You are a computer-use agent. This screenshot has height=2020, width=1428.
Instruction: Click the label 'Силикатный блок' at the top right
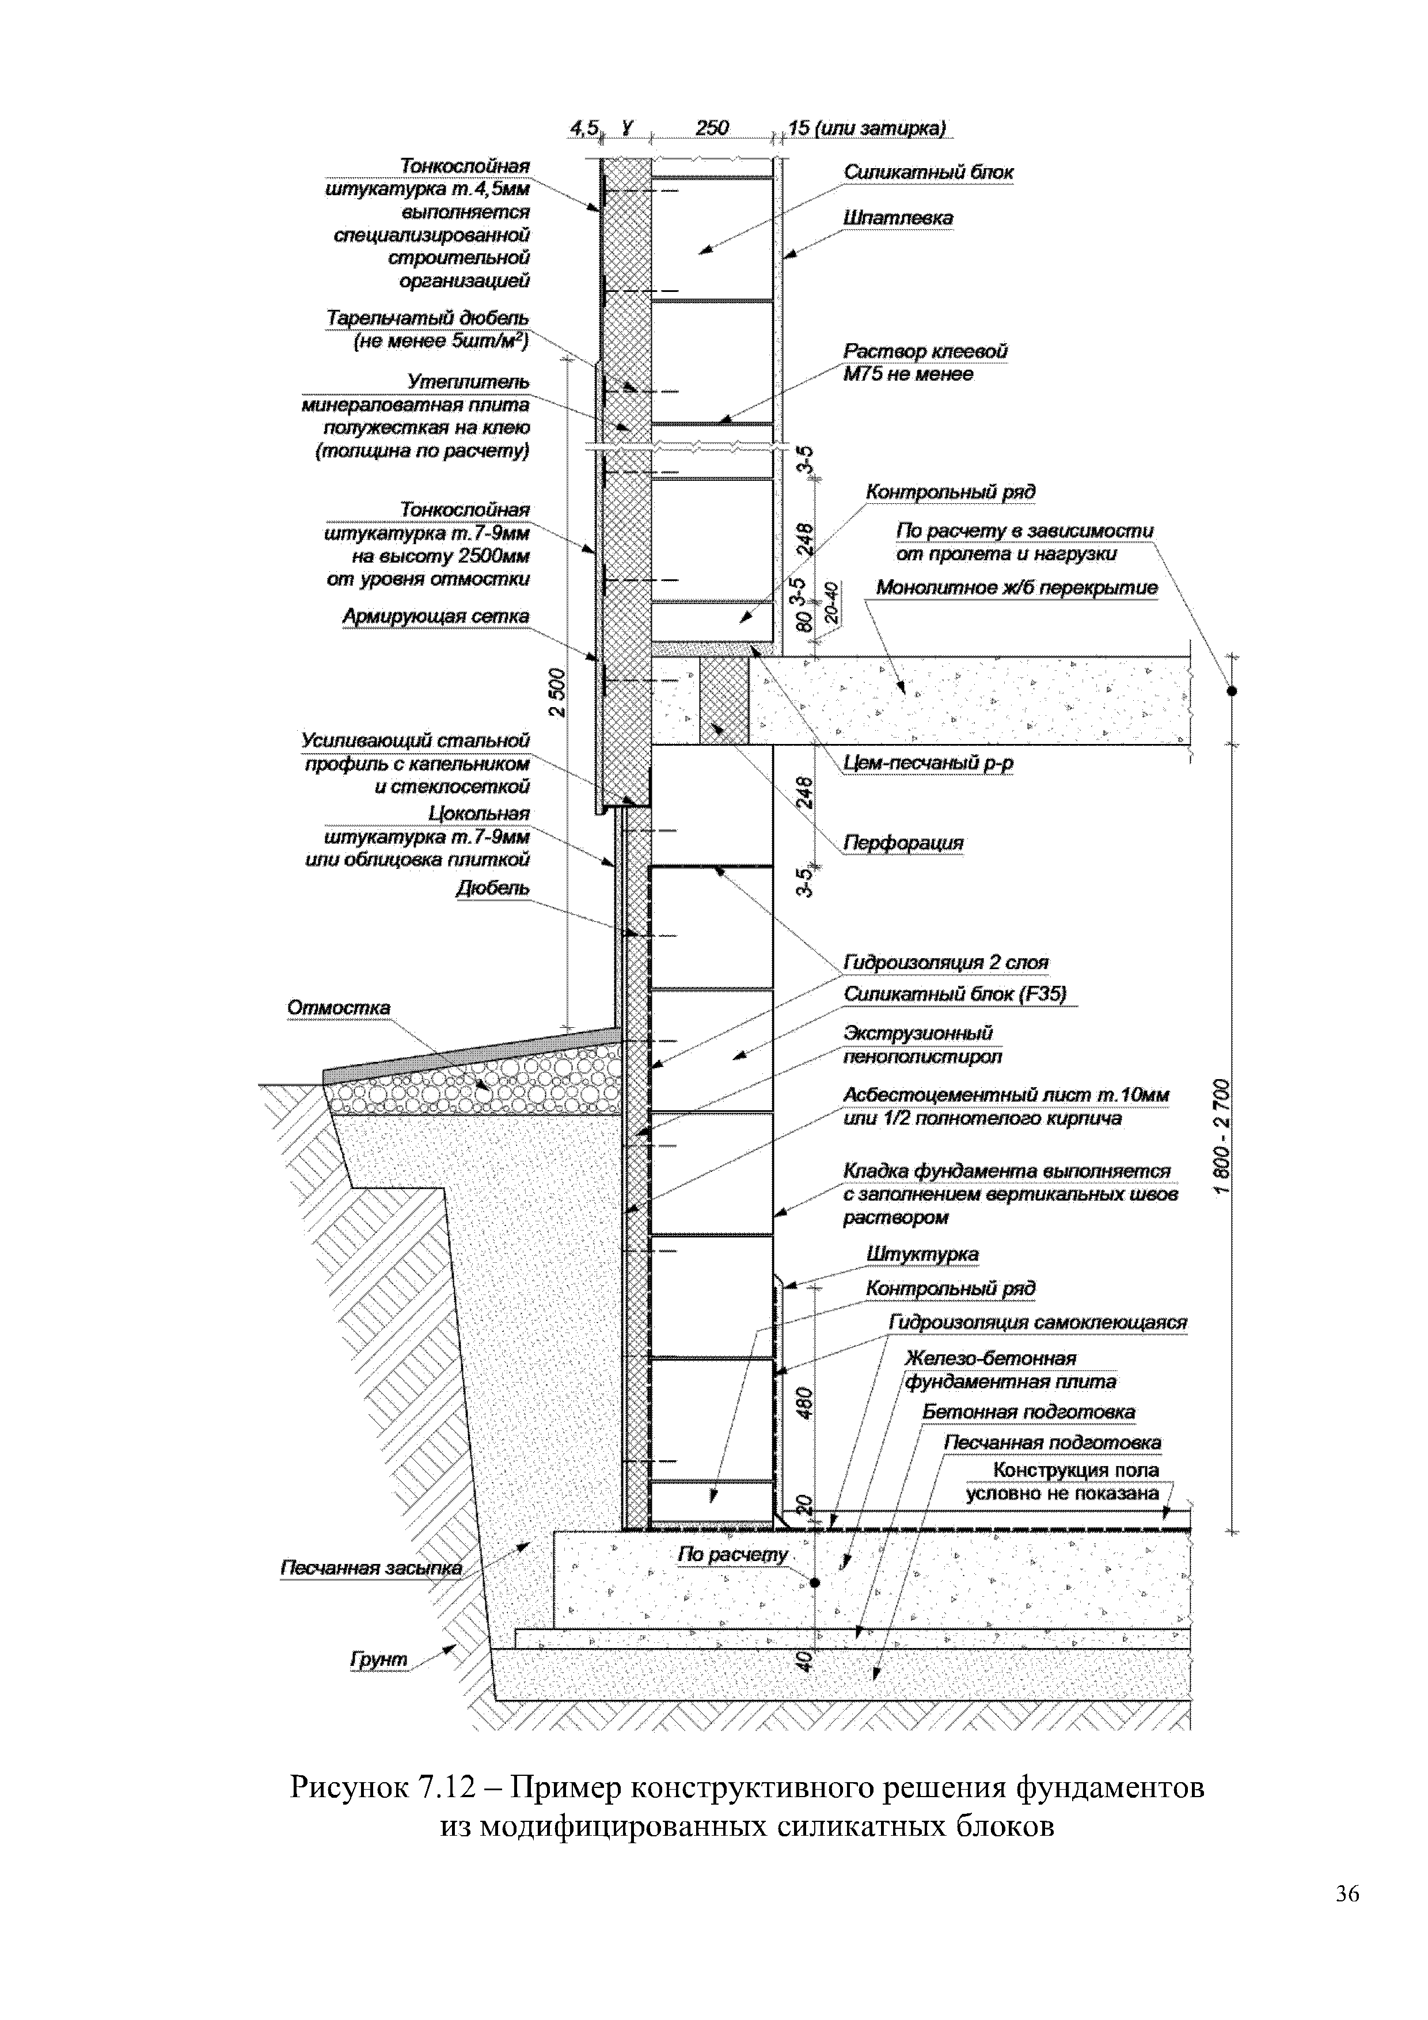point(928,172)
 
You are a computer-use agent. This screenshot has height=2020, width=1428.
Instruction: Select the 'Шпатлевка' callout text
point(898,217)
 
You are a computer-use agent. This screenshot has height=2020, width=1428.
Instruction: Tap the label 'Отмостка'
point(339,1007)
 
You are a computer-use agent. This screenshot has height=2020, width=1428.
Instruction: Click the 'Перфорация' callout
point(903,843)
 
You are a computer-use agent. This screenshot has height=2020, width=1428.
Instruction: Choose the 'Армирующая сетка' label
point(436,617)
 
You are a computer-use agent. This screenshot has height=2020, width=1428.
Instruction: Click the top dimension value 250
point(712,128)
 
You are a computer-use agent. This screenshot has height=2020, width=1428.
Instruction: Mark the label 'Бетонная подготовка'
point(1028,1411)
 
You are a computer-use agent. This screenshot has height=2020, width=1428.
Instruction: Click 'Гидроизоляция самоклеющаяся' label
point(1038,1322)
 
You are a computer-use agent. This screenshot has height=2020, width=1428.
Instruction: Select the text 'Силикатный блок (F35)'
point(955,993)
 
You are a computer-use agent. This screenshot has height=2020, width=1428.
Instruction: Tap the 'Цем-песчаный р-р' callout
point(928,763)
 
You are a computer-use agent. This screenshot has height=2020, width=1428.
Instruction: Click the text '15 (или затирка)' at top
point(868,128)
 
